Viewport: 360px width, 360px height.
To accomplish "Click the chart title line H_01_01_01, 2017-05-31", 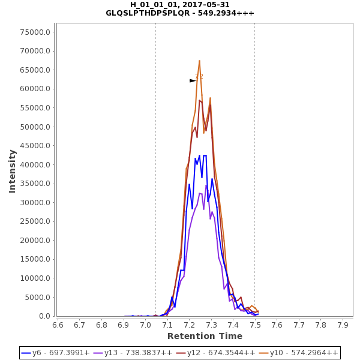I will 180,5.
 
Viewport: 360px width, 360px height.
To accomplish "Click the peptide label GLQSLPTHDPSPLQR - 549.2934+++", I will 180,13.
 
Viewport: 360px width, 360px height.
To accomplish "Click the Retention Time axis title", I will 205,336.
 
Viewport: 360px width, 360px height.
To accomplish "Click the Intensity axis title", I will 12,171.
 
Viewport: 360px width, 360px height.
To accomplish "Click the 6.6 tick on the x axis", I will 58,325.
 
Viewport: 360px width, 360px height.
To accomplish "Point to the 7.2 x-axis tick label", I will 190,325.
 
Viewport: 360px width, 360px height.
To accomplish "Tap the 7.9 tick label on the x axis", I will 343,325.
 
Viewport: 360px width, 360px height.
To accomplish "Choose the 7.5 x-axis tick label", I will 255,325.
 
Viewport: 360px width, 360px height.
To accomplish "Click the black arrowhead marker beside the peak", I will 193,80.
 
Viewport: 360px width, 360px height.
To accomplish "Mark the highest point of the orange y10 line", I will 199,61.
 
